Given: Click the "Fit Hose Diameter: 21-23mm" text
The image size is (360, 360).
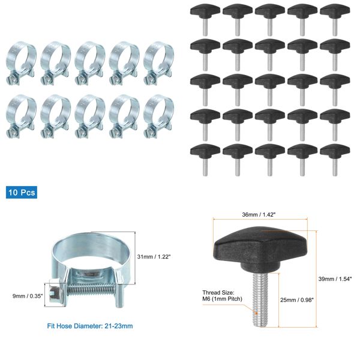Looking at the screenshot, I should point(90,326).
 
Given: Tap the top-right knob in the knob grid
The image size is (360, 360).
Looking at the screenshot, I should point(334,13).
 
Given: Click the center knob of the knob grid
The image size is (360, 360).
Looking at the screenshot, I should point(269,83).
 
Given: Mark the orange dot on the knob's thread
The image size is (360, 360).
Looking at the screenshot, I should point(257,312).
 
